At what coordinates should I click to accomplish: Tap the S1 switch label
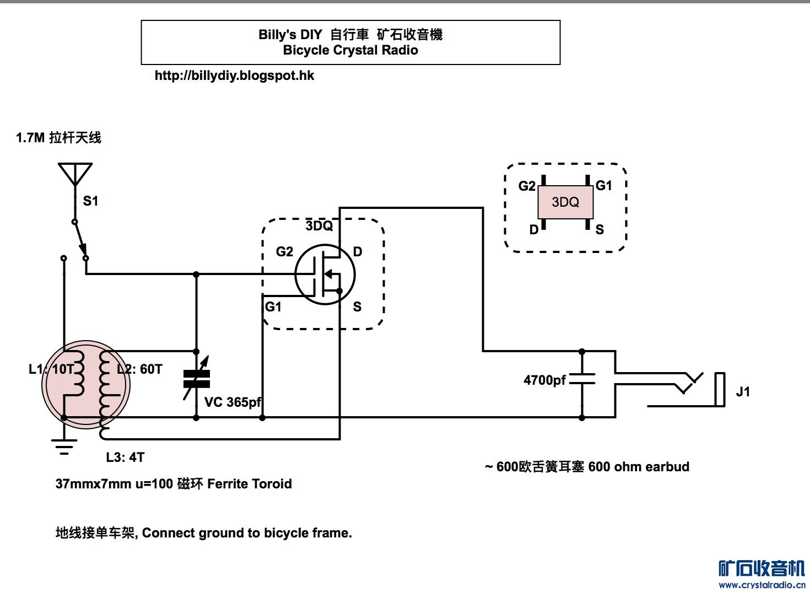(91, 201)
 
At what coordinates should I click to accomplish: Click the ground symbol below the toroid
(64, 445)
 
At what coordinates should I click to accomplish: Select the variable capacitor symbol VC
(197, 379)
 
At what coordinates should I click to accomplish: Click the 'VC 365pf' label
(233, 402)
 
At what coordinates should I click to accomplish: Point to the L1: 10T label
(51, 369)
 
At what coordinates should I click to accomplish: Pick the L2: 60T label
(140, 369)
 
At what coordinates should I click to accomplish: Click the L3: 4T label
(125, 458)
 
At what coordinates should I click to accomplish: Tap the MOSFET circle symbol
(325, 275)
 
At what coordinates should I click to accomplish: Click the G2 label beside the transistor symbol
(284, 252)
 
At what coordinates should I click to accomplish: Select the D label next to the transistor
(358, 252)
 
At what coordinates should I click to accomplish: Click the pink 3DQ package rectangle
(565, 202)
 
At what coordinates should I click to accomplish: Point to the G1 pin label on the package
(604, 186)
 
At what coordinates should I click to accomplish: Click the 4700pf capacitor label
(544, 380)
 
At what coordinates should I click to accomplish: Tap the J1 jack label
(743, 392)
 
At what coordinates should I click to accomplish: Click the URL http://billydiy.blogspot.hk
(234, 76)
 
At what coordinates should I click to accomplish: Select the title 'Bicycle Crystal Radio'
(350, 50)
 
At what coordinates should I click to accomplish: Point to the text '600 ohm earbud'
(639, 467)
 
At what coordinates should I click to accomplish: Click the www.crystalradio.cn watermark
(762, 585)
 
